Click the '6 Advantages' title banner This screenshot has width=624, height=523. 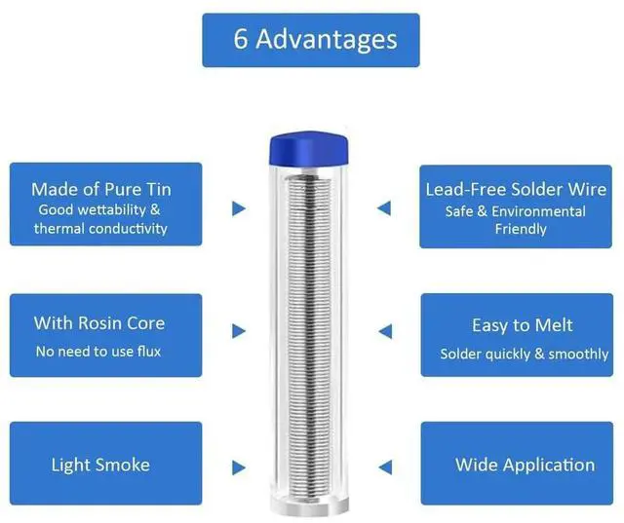[311, 40]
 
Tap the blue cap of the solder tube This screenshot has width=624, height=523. [311, 148]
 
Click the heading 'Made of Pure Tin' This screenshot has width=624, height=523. [101, 189]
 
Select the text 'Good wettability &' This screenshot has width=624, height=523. [99, 209]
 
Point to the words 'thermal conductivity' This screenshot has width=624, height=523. [100, 229]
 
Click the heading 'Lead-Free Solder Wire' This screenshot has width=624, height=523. [516, 189]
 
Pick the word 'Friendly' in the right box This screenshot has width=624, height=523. [521, 230]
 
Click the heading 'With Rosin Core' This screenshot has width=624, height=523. [99, 322]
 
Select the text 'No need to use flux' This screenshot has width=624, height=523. [98, 351]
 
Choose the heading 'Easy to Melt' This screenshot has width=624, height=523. [522, 325]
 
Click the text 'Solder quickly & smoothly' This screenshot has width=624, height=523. [525, 354]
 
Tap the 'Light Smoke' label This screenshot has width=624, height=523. [100, 465]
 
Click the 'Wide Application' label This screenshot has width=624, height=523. [525, 465]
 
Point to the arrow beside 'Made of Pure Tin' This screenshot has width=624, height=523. [239, 208]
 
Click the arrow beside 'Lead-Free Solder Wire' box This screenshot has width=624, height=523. [384, 208]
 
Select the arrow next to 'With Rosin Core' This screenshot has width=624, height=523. [239, 331]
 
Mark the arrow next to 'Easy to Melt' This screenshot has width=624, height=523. [384, 331]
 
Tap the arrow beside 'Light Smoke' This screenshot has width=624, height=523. [239, 467]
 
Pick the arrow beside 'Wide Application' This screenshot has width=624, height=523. [384, 467]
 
